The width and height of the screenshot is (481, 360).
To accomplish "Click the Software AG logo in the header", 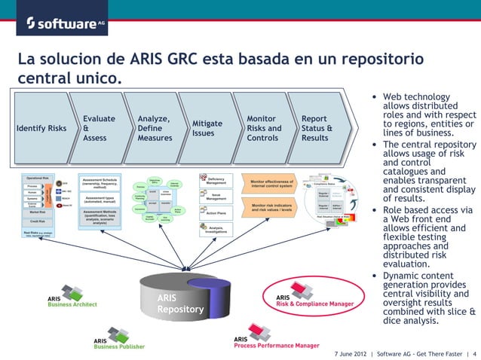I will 65,23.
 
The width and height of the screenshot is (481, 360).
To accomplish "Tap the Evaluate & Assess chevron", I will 99,129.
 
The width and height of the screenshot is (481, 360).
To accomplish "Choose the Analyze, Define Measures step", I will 155,129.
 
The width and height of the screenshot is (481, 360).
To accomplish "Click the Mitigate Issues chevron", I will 207,128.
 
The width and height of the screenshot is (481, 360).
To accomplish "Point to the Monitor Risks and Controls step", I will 264,129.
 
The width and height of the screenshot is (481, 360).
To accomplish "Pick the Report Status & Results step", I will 317,129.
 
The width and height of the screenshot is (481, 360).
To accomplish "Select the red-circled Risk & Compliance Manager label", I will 314,300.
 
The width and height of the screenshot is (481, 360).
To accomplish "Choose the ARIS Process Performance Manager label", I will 274,342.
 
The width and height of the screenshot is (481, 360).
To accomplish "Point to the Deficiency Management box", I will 216,181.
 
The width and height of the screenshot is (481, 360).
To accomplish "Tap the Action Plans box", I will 216,212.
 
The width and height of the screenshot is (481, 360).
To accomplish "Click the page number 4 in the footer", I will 474,352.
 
